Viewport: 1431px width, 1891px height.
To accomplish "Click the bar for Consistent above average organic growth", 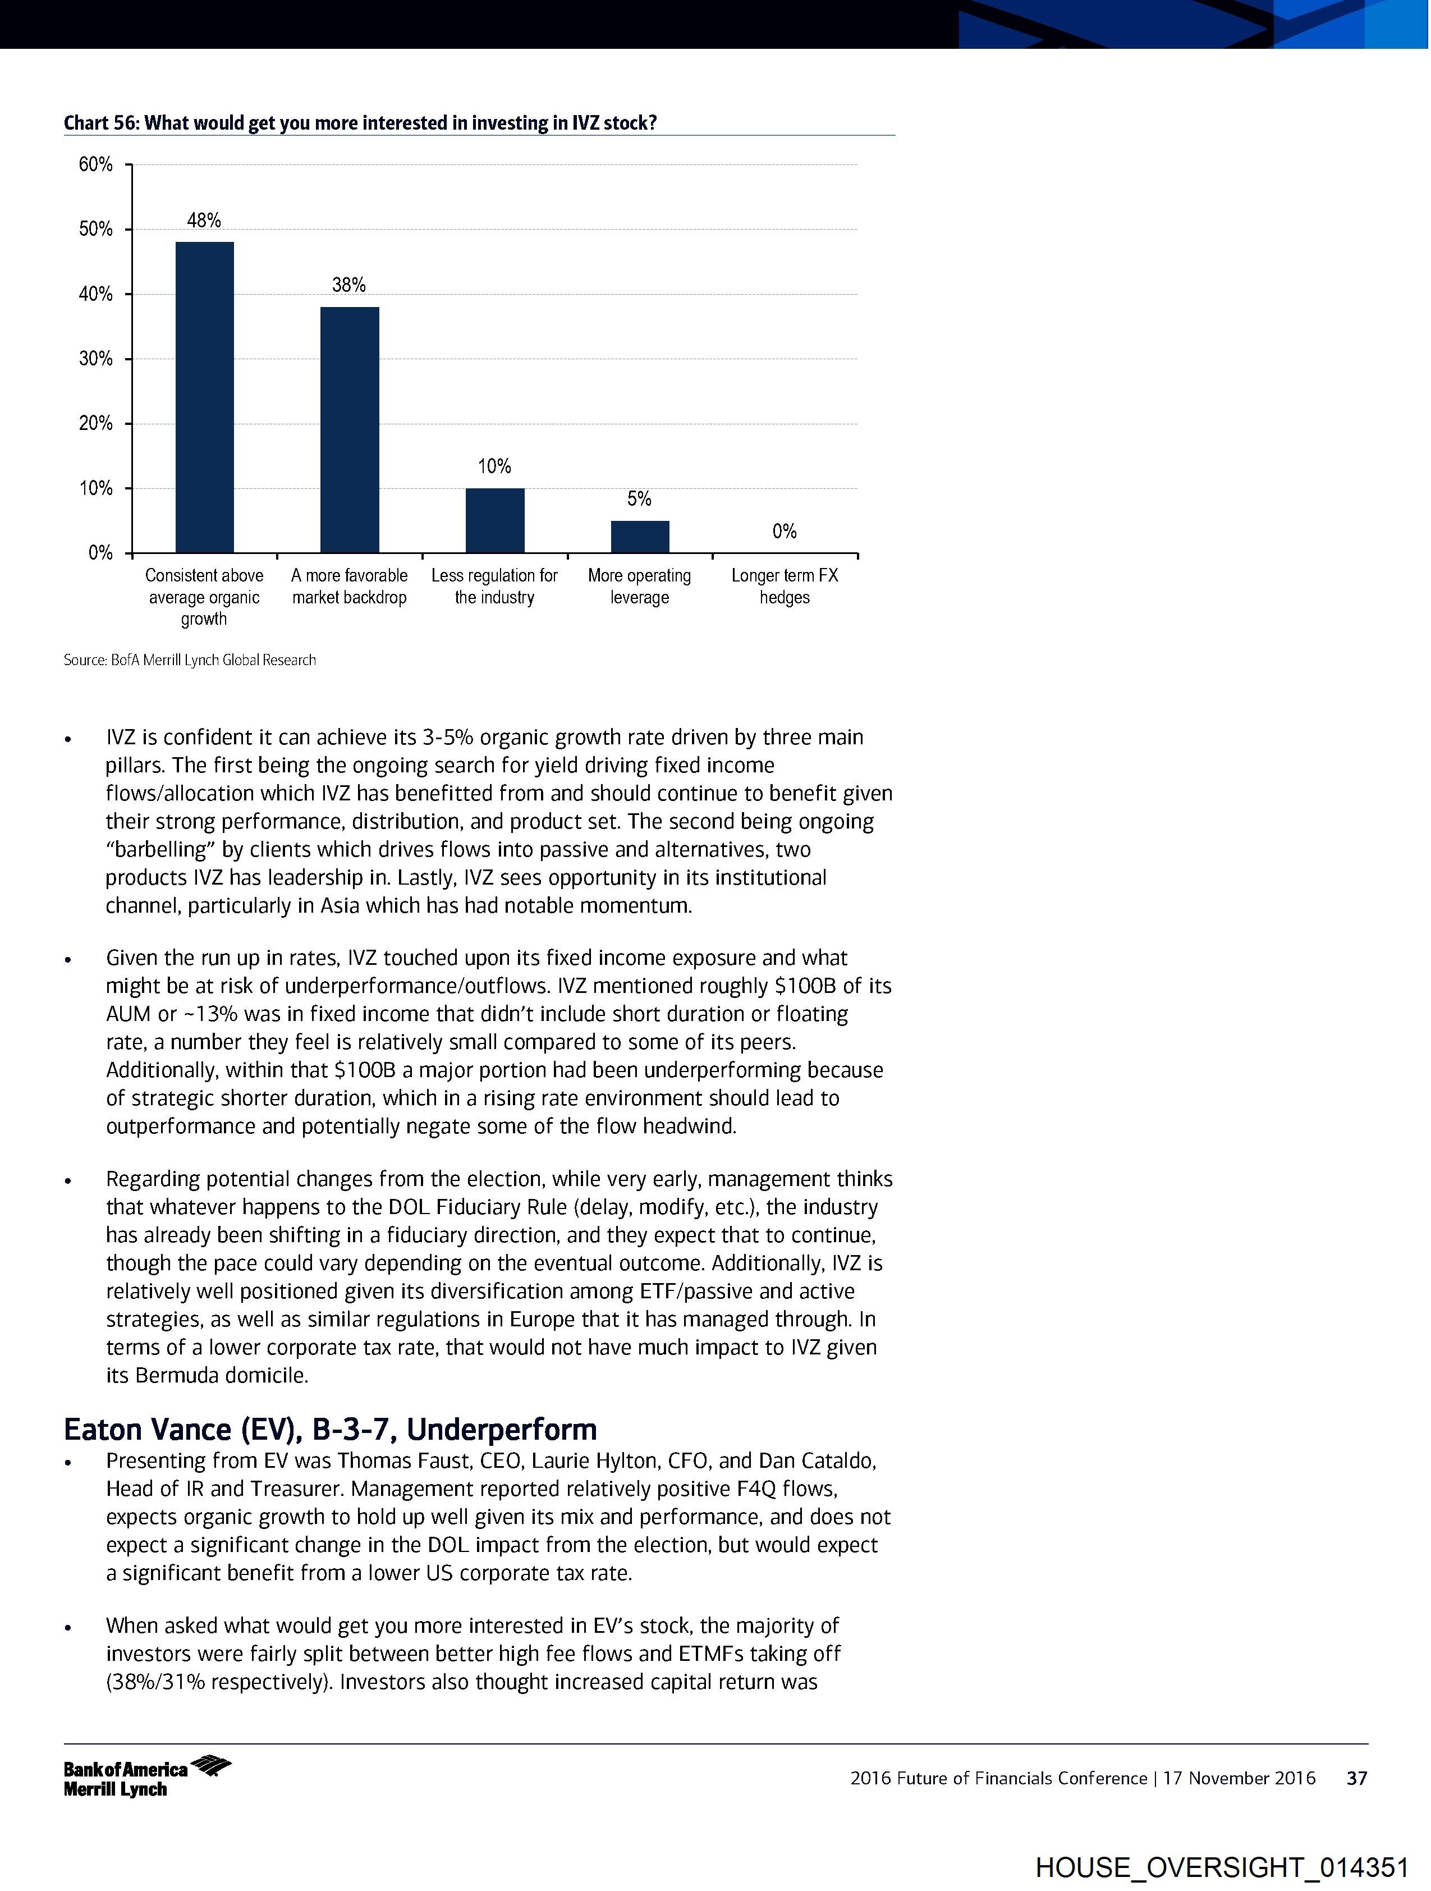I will pyautogui.click(x=204, y=397).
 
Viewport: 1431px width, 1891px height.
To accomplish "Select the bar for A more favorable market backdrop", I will pyautogui.click(x=350, y=430).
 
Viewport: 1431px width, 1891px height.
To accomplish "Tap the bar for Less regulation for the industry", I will pyautogui.click(x=495, y=521).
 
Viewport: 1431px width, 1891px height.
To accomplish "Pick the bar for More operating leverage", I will pyautogui.click(x=639, y=537).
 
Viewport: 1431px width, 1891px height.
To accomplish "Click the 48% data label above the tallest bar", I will pyautogui.click(x=204, y=221).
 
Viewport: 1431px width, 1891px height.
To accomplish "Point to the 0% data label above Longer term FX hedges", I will pyautogui.click(x=784, y=532).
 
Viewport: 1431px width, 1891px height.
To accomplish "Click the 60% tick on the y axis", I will pyautogui.click(x=96, y=164).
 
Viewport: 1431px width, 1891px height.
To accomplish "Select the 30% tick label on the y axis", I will pyautogui.click(x=96, y=359).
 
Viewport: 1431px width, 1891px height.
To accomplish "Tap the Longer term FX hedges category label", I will pyautogui.click(x=784, y=587).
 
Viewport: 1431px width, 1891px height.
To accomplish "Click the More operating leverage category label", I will pyautogui.click(x=639, y=587).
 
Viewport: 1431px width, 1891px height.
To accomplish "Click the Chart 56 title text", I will pyautogui.click(x=360, y=123).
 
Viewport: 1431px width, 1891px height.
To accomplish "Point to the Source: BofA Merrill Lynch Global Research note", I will pyautogui.click(x=190, y=660).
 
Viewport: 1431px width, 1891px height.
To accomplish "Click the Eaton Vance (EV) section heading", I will pyautogui.click(x=330, y=1430).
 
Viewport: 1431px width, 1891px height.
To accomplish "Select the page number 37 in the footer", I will pyautogui.click(x=1356, y=1778).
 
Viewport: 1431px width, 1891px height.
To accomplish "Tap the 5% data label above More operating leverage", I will pyautogui.click(x=639, y=499).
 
